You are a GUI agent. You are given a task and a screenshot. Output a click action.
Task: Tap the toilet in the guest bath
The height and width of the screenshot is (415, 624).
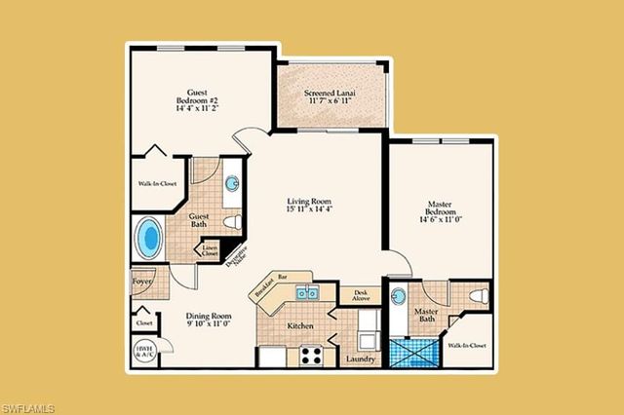point(232,223)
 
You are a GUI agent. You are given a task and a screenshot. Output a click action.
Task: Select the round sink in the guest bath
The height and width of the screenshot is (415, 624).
point(232,183)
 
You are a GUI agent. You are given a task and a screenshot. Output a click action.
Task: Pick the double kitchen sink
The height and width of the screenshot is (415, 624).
point(307,293)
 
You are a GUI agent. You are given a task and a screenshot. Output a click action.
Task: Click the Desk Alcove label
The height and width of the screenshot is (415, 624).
point(359,294)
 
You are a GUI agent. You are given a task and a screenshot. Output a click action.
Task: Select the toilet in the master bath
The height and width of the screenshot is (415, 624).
point(478,295)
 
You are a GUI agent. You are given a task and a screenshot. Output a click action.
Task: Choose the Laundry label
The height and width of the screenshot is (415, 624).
point(361,359)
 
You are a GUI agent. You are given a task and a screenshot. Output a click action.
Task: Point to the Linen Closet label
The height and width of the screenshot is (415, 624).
point(210,251)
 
